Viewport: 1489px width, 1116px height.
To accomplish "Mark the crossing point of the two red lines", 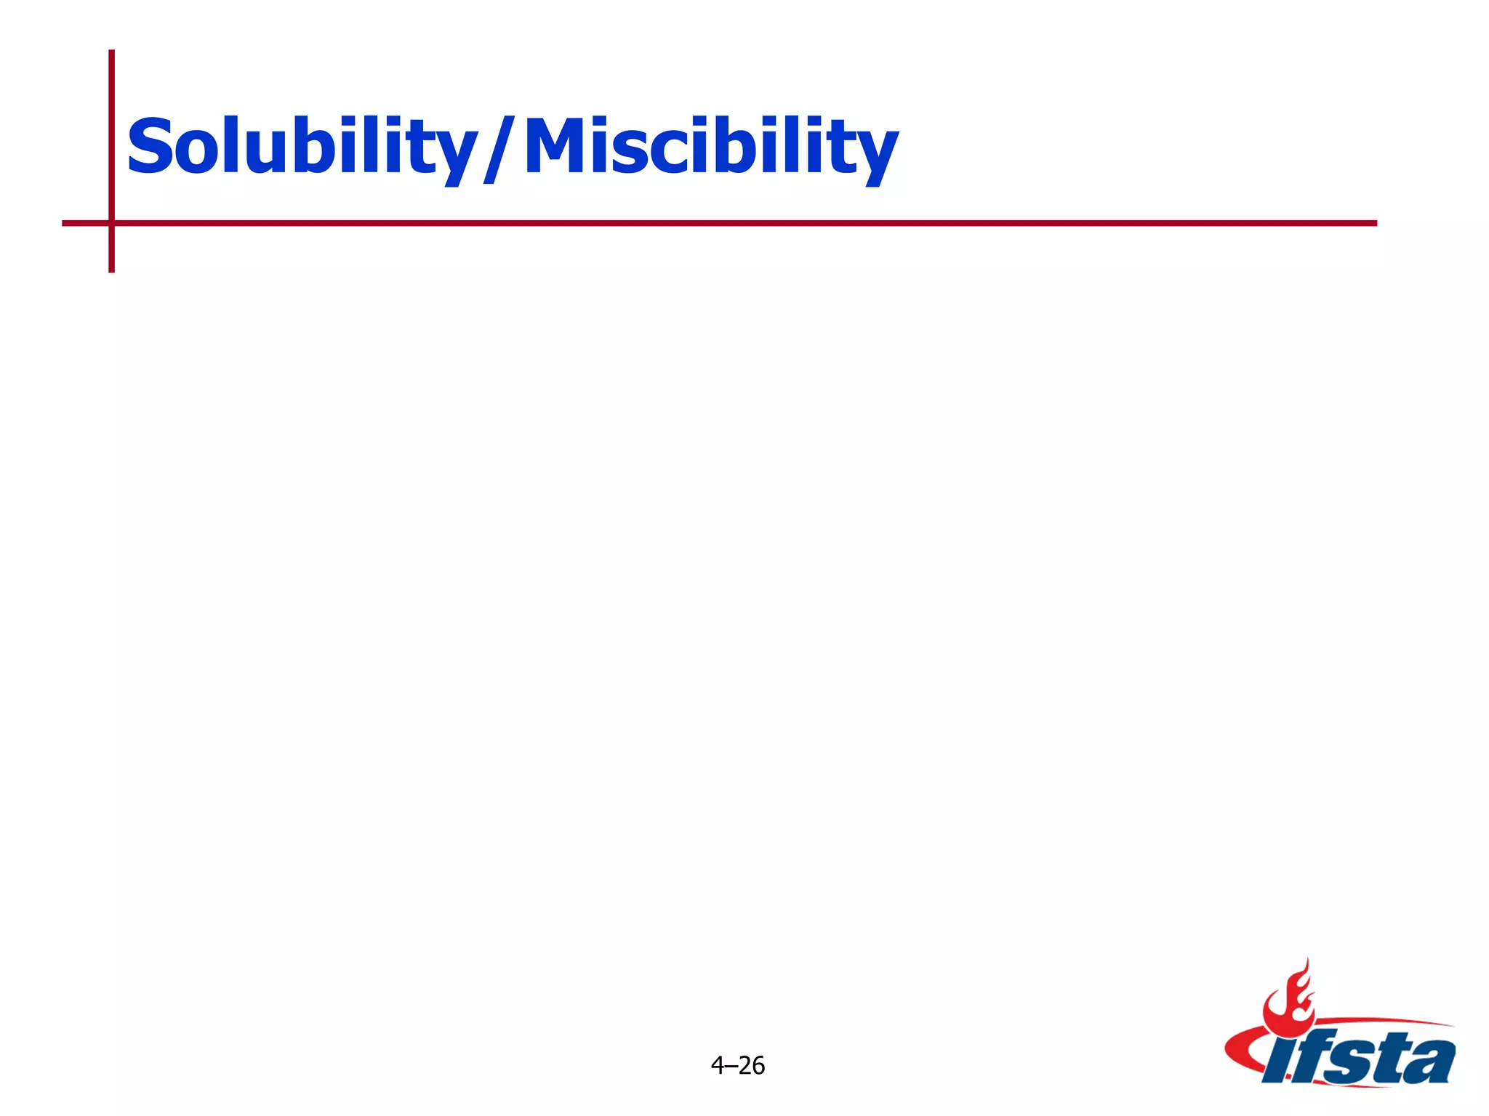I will (x=112, y=223).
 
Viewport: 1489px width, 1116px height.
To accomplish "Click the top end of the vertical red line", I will (x=112, y=52).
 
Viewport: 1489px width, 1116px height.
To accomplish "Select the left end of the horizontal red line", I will (x=65, y=223).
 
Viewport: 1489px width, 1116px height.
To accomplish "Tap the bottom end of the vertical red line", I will (x=112, y=270).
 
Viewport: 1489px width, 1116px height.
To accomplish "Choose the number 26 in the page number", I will (x=752, y=1065).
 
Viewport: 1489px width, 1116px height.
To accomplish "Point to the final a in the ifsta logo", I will (x=1429, y=1061).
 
